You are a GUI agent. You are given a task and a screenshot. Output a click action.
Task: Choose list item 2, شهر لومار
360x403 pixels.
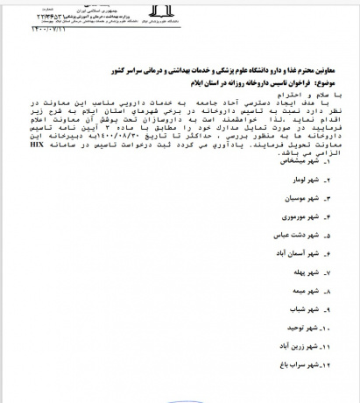pyautogui.click(x=325, y=182)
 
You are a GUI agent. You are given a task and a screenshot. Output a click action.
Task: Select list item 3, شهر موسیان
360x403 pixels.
pyautogui.click(x=321, y=201)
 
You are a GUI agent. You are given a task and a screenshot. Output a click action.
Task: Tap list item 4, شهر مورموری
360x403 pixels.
pyautogui.click(x=320, y=220)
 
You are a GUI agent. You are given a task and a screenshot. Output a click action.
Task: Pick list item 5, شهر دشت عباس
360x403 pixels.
pyautogui.click(x=316, y=240)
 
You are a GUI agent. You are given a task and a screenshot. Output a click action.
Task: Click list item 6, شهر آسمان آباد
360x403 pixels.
pyautogui.click(x=314, y=259)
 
